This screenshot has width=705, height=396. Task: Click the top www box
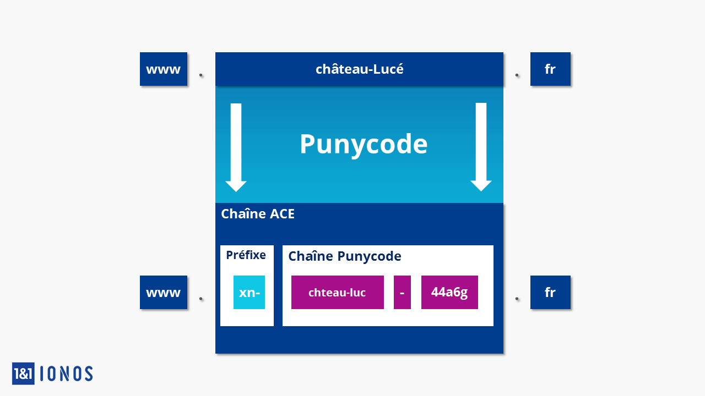pos(164,69)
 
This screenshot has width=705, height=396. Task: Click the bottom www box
pos(164,292)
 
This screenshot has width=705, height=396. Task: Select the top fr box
pos(550,69)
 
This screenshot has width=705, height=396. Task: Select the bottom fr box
pos(550,292)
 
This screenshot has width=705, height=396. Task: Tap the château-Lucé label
pos(360,69)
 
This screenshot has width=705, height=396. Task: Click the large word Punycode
pos(364,144)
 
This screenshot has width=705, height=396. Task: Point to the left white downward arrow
pos(236,147)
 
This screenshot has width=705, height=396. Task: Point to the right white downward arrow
pos(481,147)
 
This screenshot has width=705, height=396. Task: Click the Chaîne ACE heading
pos(258,214)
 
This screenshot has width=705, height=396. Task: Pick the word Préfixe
pos(246,255)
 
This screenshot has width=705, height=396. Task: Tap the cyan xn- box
pos(249,292)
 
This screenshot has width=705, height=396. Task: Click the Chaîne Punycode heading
pos(345,256)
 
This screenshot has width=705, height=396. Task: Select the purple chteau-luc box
pos(338,292)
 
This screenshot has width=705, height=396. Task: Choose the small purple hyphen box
pos(402,292)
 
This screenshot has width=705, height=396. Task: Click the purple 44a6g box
pos(449,292)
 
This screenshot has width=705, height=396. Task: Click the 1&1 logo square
pos(23,373)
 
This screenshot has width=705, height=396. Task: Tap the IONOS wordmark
pos(67,373)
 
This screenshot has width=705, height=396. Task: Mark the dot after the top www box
pos(201,75)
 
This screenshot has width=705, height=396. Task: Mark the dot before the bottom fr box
pos(517,299)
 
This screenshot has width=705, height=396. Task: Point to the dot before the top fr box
pos(517,75)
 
